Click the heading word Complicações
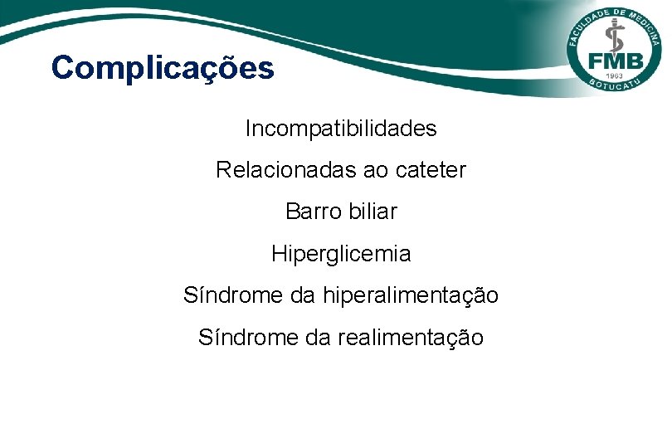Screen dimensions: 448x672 tap(162, 68)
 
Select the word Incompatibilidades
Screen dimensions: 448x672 tap(341, 129)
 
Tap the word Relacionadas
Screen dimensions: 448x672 tap(286, 170)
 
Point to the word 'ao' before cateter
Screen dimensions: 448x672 tap(377, 170)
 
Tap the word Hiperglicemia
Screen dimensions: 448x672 tap(341, 253)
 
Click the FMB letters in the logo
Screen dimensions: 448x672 tap(614, 61)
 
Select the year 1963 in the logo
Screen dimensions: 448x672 tap(615, 76)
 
